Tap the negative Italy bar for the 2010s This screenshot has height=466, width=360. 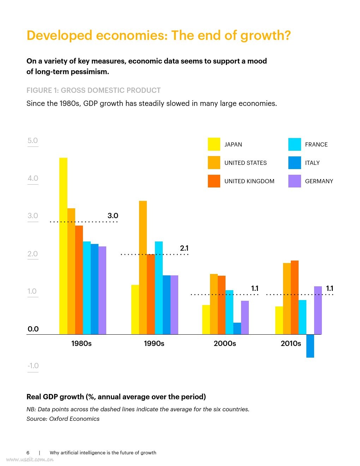click(x=310, y=346)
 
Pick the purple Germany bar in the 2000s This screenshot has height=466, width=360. click(x=245, y=317)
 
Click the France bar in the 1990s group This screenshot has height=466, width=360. click(x=159, y=288)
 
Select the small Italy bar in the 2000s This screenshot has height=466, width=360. click(x=237, y=328)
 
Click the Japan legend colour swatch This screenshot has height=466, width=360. click(x=214, y=144)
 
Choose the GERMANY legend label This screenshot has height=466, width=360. click(x=319, y=181)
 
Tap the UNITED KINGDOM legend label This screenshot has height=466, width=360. click(x=249, y=181)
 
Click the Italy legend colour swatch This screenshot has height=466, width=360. click(x=295, y=163)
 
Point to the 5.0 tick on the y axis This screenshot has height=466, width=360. click(x=32, y=141)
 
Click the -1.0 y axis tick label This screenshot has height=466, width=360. click(x=33, y=366)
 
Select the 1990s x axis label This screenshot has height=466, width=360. click(x=154, y=343)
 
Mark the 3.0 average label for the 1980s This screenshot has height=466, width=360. click(x=113, y=216)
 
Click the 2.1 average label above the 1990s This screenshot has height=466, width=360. click(x=184, y=248)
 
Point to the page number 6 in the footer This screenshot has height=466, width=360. click(x=28, y=453)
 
